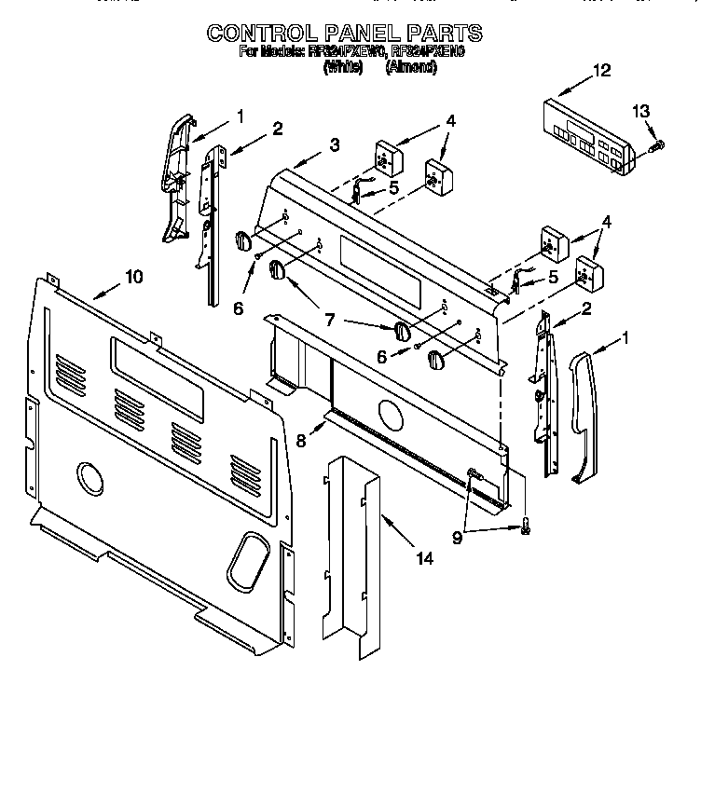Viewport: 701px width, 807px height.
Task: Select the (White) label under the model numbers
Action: click(x=342, y=68)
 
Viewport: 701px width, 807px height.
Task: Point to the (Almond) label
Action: click(x=410, y=68)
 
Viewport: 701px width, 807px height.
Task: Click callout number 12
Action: click(x=600, y=71)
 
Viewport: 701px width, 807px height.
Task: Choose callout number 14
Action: click(x=424, y=559)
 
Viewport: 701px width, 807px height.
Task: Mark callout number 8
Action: click(x=301, y=441)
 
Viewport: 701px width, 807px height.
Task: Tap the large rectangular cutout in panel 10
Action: click(x=157, y=377)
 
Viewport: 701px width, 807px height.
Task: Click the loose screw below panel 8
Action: click(x=526, y=527)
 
